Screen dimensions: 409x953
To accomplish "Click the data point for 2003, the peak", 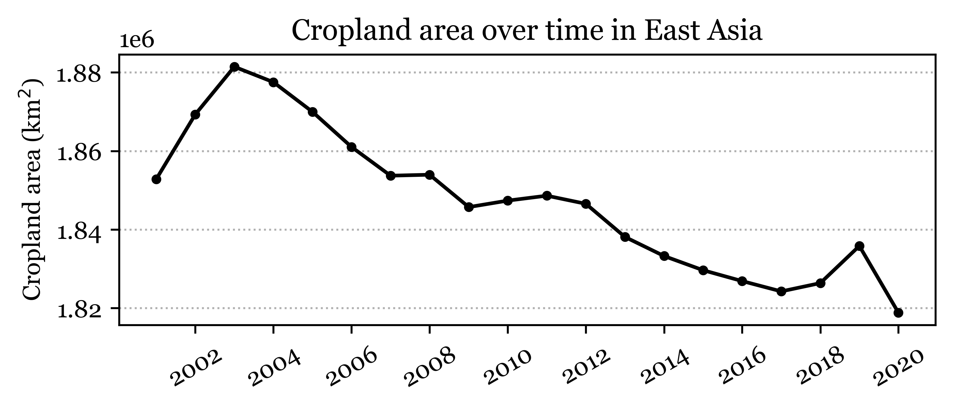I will (234, 67).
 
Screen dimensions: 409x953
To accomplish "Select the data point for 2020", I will (898, 313).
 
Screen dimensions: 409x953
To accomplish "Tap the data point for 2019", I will (859, 246).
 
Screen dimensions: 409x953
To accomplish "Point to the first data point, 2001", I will (157, 179).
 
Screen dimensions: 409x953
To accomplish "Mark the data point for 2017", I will (781, 292).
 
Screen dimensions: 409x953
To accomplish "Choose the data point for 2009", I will (469, 207).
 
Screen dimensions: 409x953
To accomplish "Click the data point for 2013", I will (625, 237).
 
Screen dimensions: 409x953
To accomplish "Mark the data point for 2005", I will (312, 112).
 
